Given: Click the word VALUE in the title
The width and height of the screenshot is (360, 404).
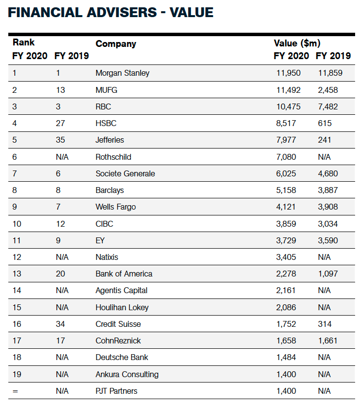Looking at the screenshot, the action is pyautogui.click(x=191, y=12).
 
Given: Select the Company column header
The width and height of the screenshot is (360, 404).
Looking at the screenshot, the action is pyautogui.click(x=116, y=44).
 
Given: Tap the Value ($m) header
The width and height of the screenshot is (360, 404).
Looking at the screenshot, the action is pyautogui.click(x=297, y=43).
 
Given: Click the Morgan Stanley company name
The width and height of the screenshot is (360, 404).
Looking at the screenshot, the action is pyautogui.click(x=123, y=73).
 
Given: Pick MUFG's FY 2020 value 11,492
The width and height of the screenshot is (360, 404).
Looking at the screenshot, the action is pyautogui.click(x=288, y=90).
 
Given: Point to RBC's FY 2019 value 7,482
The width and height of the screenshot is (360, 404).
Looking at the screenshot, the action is pyautogui.click(x=328, y=106).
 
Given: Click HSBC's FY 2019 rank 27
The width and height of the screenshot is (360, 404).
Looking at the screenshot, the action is pyautogui.click(x=60, y=123).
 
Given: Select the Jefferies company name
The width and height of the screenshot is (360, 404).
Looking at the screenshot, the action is pyautogui.click(x=110, y=140).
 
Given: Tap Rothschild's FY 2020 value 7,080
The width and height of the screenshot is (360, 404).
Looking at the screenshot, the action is pyautogui.click(x=286, y=157).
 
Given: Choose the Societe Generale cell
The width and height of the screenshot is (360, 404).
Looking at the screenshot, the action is pyautogui.click(x=125, y=173).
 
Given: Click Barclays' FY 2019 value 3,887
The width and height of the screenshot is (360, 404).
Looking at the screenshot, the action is pyautogui.click(x=328, y=190).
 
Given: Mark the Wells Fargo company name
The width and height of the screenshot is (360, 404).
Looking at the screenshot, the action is pyautogui.click(x=116, y=207).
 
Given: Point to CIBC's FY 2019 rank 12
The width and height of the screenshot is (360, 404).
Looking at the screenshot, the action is pyautogui.click(x=60, y=224).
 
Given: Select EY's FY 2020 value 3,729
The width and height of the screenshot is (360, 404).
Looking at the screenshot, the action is pyautogui.click(x=286, y=240).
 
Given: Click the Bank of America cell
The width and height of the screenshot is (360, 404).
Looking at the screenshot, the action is pyautogui.click(x=124, y=274).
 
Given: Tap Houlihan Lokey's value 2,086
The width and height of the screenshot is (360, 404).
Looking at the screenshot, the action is pyautogui.click(x=286, y=307).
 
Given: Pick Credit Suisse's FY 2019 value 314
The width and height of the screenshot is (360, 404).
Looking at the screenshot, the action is pyautogui.click(x=325, y=324).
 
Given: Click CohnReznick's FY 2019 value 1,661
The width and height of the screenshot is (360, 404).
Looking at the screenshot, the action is pyautogui.click(x=328, y=340).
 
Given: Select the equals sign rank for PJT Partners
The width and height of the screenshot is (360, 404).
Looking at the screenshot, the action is pyautogui.click(x=15, y=391).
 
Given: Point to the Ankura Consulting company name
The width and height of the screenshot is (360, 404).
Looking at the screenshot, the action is pyautogui.click(x=127, y=374).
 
